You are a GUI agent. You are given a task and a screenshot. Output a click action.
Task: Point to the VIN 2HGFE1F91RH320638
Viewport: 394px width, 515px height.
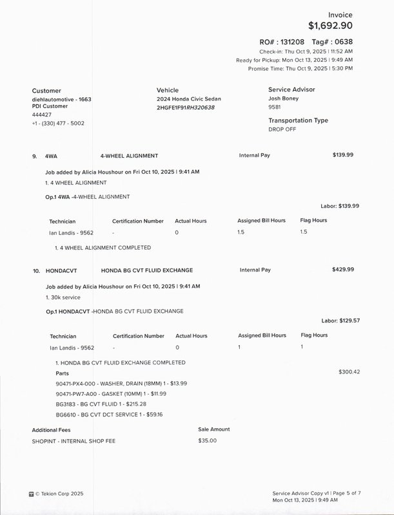(185, 108)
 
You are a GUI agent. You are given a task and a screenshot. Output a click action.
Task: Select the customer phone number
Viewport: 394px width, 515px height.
(59, 123)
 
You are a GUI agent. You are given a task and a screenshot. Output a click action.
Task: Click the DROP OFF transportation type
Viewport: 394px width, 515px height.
(282, 129)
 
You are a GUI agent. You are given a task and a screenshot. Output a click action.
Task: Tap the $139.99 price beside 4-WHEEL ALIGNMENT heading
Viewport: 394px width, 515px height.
(343, 156)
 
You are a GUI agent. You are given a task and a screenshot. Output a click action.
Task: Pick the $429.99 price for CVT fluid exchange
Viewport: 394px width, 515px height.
(343, 270)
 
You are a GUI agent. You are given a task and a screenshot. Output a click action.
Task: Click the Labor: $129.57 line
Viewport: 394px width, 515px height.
(340, 320)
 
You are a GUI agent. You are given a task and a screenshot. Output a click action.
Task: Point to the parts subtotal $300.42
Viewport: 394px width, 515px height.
(349, 372)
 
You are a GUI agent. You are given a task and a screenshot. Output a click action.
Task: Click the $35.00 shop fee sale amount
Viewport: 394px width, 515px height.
(208, 440)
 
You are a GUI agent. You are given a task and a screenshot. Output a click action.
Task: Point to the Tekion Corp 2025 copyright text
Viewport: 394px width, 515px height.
(59, 494)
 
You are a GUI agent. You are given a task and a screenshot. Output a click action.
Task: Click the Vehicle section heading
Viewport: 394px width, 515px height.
(168, 91)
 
